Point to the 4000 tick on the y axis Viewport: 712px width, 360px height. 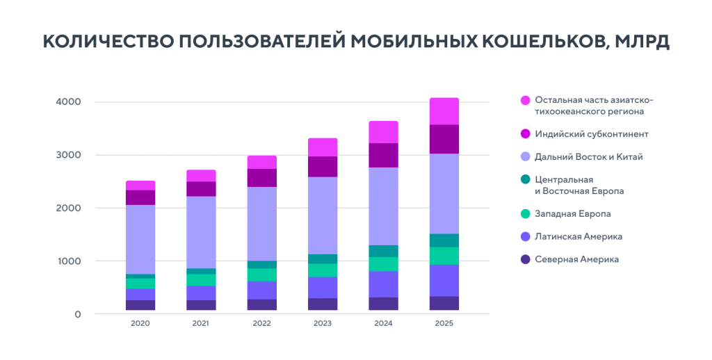click(68, 102)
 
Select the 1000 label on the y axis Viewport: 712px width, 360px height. click(68, 261)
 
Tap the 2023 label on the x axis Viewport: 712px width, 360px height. click(323, 324)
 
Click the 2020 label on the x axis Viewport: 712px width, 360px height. click(140, 324)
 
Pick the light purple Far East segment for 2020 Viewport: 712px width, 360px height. click(140, 239)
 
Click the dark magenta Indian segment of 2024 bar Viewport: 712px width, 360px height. click(383, 155)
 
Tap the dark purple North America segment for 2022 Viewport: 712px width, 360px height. click(262, 304)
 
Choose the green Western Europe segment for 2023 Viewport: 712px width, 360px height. click(323, 270)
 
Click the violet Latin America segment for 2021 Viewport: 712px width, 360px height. click(201, 293)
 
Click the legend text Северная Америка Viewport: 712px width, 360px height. click(576, 259)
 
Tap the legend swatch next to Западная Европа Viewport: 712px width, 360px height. click(526, 214)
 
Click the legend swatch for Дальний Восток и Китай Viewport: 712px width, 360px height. click(526, 157)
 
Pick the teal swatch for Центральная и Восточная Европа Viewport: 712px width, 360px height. click(526, 180)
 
